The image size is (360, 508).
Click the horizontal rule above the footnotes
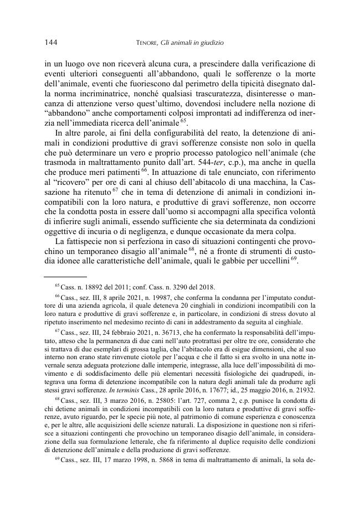[65, 276]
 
